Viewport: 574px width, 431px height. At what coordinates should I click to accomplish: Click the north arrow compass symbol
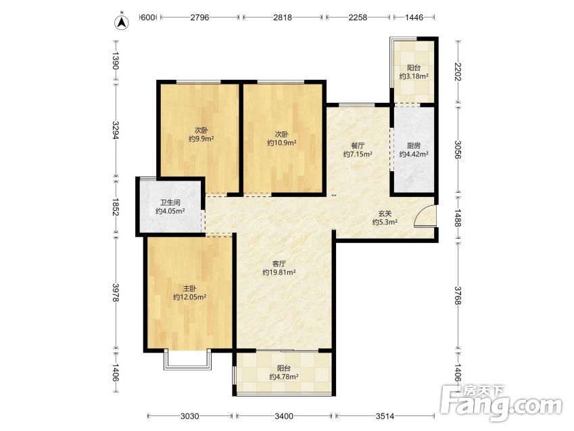(122, 22)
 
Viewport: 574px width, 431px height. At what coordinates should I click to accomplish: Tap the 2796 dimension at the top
(199, 17)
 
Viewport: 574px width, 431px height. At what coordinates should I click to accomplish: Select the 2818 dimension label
(283, 17)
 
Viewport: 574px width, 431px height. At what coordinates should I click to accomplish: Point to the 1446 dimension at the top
(414, 17)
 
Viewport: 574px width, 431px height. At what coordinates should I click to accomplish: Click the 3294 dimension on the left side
(116, 131)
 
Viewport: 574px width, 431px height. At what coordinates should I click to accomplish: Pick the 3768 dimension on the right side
(458, 296)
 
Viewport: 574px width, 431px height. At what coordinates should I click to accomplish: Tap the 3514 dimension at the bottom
(385, 416)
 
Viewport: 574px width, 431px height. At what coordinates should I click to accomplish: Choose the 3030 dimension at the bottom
(190, 416)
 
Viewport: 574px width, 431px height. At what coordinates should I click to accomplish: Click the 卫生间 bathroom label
(170, 202)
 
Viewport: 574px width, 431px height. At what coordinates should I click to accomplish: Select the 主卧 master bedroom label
(189, 288)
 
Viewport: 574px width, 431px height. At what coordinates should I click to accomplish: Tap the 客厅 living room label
(279, 263)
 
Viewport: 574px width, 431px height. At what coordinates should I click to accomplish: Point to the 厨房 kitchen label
(414, 145)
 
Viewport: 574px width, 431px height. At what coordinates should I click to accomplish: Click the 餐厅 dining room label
(358, 145)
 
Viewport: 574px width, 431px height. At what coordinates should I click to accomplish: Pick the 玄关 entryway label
(385, 214)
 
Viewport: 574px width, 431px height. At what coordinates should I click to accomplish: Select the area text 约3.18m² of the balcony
(414, 76)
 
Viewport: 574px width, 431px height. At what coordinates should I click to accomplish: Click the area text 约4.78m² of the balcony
(284, 376)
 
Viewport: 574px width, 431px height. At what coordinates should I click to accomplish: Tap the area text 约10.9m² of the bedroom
(281, 143)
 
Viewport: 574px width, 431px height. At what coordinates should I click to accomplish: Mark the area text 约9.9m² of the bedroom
(201, 139)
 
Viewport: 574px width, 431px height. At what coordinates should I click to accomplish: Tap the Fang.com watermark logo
(501, 403)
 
